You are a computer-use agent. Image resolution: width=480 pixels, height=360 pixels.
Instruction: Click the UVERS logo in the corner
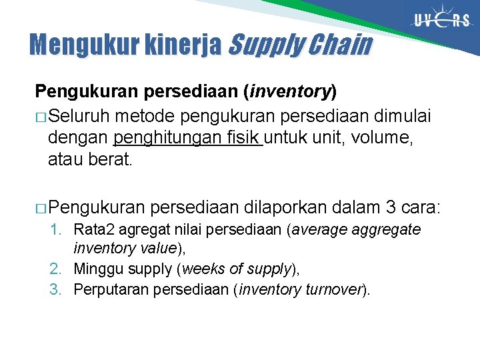click(x=442, y=21)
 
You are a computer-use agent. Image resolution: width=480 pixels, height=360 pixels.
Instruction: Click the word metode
click(x=143, y=117)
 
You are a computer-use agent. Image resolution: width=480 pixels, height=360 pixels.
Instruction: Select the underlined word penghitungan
click(x=155, y=139)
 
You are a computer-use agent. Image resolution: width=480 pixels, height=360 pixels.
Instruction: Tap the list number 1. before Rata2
click(x=58, y=230)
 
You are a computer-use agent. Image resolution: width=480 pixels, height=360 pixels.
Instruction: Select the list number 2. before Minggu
click(x=58, y=269)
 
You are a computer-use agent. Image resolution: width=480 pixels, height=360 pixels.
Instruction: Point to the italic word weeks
click(x=202, y=269)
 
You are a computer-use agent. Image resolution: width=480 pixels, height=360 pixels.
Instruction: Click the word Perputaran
click(x=111, y=289)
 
